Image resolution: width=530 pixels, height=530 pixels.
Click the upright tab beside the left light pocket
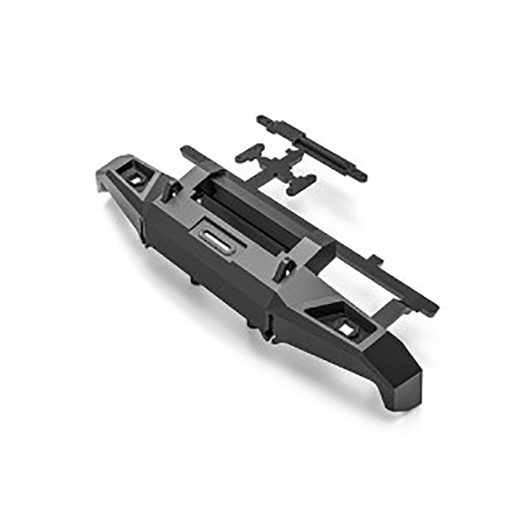[x=168, y=186]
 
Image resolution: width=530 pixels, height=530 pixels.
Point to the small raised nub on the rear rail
[x=375, y=261]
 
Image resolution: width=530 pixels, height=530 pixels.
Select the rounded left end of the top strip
[x=262, y=118]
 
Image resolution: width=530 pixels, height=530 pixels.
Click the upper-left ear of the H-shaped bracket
[x=241, y=155]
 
